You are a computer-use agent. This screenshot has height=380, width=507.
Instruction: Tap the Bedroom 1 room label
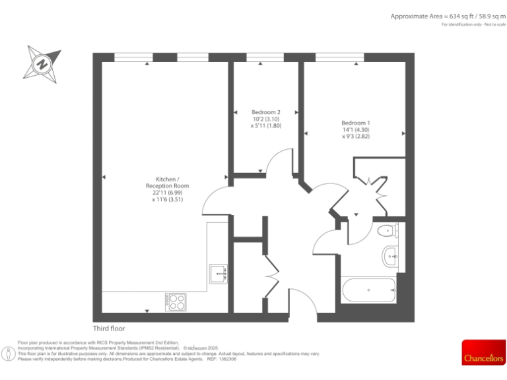(355, 123)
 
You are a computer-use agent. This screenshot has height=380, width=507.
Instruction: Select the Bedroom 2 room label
(266, 112)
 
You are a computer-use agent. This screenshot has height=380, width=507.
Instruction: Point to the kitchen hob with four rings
(176, 301)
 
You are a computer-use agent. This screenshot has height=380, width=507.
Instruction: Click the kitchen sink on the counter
(219, 272)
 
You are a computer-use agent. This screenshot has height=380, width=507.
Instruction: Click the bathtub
(368, 290)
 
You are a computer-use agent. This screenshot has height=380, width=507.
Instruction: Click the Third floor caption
(109, 329)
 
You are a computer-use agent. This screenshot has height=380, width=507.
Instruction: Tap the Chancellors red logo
(483, 352)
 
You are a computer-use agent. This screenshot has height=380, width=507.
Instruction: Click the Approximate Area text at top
(448, 16)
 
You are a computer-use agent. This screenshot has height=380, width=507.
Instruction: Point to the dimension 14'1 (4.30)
(356, 130)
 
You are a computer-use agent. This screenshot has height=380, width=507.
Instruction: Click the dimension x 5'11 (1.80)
(266, 125)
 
